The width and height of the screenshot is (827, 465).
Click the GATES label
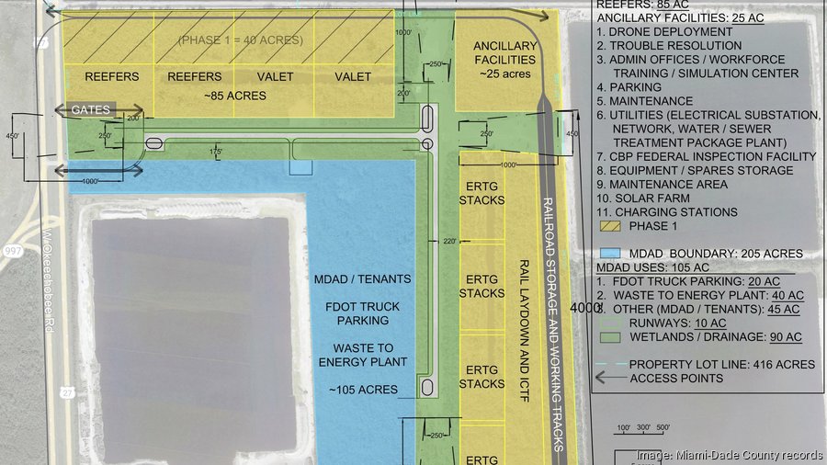91,110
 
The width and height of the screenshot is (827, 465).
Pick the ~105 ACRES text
363,390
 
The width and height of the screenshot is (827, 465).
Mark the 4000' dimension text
585,308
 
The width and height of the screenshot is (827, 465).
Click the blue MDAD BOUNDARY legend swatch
608,253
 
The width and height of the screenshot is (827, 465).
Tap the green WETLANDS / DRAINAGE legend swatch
608,336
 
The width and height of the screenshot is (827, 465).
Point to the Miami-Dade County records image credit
730,455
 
